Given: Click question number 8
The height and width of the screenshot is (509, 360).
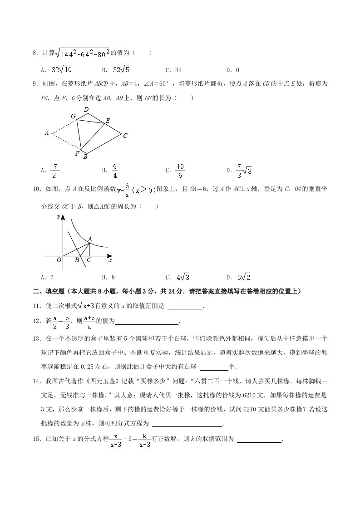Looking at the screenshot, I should (35, 53).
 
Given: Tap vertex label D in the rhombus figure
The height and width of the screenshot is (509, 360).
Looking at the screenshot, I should (86, 109).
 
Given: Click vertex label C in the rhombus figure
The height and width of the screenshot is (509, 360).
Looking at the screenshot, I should (125, 135).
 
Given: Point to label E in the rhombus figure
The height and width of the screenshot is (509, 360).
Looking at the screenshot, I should (108, 120).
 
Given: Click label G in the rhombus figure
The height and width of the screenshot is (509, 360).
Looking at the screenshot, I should (73, 116).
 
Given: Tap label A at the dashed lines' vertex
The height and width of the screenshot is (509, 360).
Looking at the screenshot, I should (47, 133).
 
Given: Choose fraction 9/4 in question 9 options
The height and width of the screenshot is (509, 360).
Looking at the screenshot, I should (115, 171).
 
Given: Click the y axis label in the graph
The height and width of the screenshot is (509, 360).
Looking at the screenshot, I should (59, 217).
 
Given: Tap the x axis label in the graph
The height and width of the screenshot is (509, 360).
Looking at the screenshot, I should (110, 260).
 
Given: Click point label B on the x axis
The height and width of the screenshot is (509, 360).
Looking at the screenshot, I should (77, 260).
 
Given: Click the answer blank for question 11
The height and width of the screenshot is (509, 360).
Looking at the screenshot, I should (185, 306).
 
